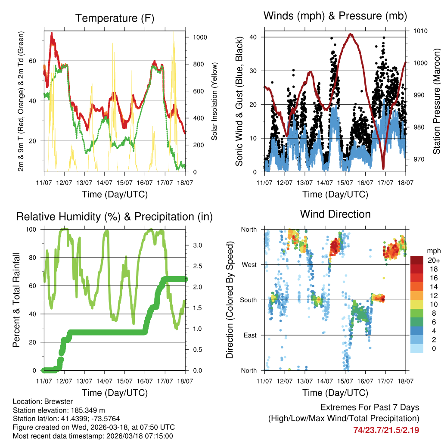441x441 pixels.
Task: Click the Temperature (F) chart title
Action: [115, 18]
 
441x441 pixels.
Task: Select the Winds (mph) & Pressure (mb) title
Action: [335, 16]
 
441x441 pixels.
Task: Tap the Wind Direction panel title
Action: [335, 214]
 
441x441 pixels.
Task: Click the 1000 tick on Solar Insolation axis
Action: [200, 37]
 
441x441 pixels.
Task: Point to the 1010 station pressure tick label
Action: [420, 31]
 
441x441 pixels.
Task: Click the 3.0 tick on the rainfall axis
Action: [197, 245]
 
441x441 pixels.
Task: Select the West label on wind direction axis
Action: [249, 264]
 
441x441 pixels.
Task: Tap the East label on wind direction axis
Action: [249, 335]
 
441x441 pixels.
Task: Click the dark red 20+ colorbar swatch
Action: [416, 260]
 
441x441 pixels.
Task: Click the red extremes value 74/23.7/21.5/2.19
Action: [386, 430]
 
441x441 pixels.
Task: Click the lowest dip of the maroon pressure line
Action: [383, 168]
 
